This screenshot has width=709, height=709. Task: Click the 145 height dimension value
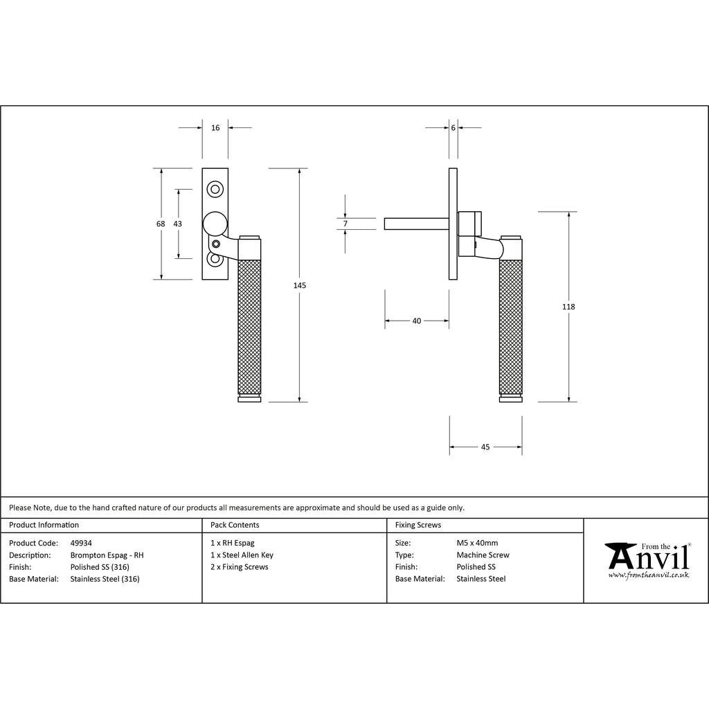(299, 285)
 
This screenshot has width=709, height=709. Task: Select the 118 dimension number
(568, 307)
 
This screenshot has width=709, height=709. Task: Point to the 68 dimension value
(161, 224)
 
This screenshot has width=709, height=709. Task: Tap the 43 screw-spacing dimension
(177, 224)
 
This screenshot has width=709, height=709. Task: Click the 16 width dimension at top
(215, 128)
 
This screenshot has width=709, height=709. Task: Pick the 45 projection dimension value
(485, 447)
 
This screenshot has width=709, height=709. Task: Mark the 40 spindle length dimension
(416, 321)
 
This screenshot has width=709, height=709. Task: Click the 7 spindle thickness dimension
(345, 224)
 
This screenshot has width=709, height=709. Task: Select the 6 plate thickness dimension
(453, 128)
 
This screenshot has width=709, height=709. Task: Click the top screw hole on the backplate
(215, 189)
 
